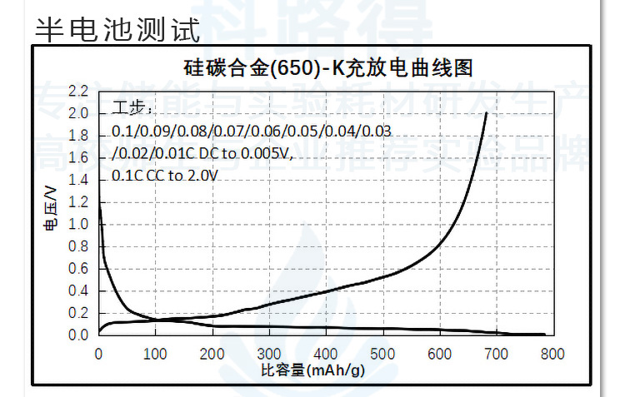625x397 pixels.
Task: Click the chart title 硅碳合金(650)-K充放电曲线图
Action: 328,67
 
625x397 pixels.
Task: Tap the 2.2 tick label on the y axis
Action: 79,90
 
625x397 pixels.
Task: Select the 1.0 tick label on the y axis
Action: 79,224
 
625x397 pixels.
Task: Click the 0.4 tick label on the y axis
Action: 79,290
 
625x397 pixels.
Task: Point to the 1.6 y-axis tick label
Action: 79,157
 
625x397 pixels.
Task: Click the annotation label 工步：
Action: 129,109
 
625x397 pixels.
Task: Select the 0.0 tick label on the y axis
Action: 79,335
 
